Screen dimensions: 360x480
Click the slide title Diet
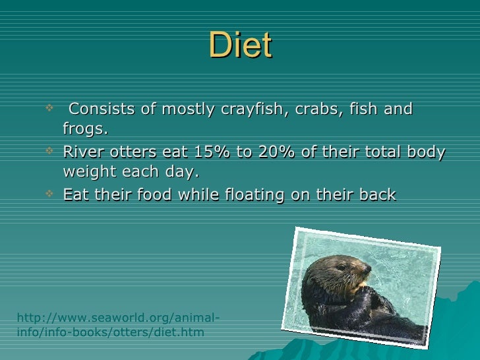click(240, 46)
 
